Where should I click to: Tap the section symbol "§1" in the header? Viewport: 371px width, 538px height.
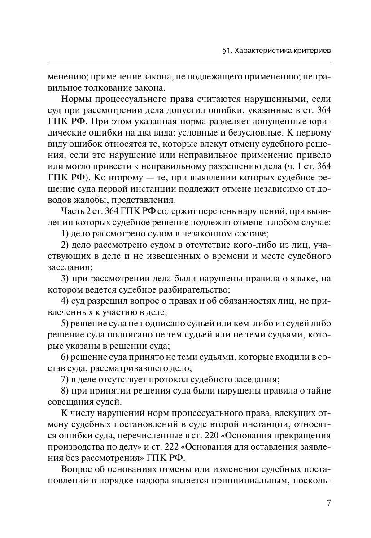[x=227, y=51]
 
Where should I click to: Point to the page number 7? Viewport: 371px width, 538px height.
[x=328, y=503]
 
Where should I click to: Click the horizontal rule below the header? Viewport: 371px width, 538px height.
[x=189, y=61]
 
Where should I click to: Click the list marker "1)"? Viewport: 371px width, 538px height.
[x=65, y=234]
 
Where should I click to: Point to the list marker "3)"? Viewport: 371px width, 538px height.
[x=65, y=279]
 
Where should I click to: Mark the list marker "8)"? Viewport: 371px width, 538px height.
[x=65, y=391]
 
